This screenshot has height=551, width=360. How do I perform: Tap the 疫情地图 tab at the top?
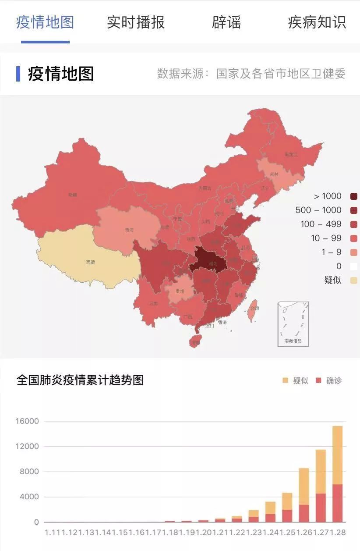click(x=45, y=22)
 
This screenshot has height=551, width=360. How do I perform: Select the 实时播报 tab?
click(x=136, y=22)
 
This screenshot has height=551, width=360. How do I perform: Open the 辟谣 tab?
click(x=226, y=22)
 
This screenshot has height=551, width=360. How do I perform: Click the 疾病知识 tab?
click(x=317, y=22)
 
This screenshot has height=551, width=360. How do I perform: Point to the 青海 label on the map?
click(x=129, y=230)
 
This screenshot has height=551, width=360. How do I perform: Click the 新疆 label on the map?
click(x=73, y=194)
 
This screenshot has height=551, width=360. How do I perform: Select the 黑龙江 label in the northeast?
click(x=291, y=155)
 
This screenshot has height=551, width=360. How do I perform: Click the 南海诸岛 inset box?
click(x=293, y=324)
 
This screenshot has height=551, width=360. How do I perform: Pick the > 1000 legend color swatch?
click(x=354, y=196)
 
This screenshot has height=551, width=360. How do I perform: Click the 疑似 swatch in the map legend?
click(x=354, y=280)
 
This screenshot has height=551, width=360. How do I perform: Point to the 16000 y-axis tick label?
click(x=28, y=421)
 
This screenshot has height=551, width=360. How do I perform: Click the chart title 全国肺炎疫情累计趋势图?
click(x=80, y=380)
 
